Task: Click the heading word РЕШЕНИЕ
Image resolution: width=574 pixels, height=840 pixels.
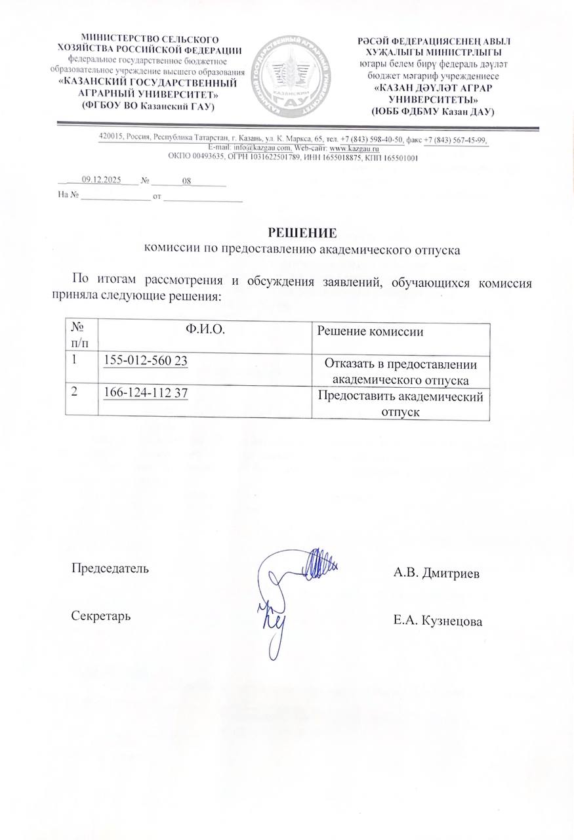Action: [x=302, y=233]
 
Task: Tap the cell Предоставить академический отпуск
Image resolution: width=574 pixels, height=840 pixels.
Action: [x=400, y=404]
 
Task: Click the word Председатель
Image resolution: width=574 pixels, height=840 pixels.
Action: [x=110, y=568]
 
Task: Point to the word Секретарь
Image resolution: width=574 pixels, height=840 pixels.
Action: [x=100, y=616]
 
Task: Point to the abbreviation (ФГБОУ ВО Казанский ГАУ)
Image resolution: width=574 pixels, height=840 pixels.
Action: [x=148, y=106]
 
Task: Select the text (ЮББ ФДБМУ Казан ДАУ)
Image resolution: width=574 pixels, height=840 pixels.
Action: [x=432, y=112]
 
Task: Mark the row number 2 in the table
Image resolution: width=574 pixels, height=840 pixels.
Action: [x=75, y=392]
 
